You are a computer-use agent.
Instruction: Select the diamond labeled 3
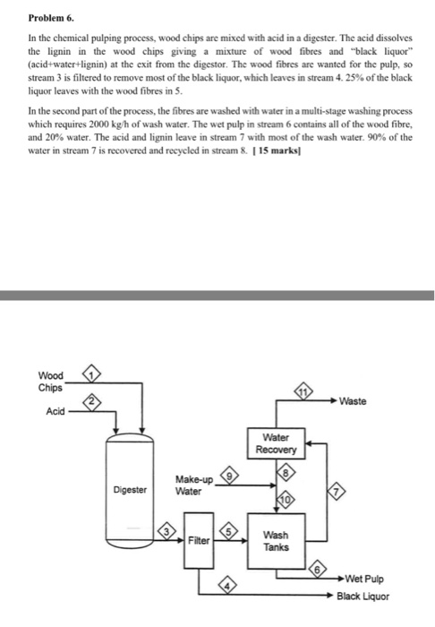coord(166,534)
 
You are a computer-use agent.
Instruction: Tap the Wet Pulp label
coord(364,580)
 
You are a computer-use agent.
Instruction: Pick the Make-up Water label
coord(193,485)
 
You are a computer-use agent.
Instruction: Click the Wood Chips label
coord(50,381)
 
